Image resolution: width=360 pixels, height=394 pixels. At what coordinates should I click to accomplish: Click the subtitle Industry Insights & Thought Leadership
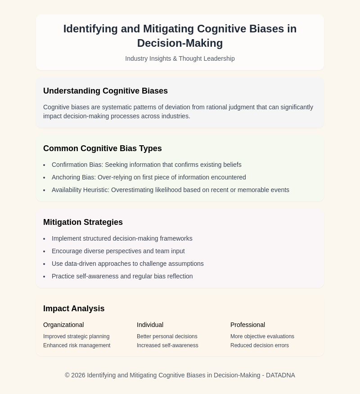pos(180,58)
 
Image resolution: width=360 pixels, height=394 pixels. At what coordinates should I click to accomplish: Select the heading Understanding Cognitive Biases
pos(105,91)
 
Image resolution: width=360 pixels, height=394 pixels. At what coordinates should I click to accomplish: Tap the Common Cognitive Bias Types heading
pos(102,148)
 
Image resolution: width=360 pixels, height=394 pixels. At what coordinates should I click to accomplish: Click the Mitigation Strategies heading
pos(83,222)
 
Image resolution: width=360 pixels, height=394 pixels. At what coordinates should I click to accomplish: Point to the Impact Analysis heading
pos(74,309)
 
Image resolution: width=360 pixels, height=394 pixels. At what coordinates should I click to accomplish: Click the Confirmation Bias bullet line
pos(146,165)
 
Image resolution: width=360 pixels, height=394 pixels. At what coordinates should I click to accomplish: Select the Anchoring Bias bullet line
pos(148,177)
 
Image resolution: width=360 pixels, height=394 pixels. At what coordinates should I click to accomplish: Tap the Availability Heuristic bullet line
pos(170,190)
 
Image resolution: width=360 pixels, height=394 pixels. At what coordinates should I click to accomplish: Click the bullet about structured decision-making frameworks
pos(122,238)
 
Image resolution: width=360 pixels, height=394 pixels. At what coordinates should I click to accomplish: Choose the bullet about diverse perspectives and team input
pos(118,251)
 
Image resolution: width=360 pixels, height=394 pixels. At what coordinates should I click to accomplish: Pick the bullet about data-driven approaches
pos(127,264)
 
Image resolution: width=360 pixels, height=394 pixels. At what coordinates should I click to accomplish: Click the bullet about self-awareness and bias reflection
pos(122,276)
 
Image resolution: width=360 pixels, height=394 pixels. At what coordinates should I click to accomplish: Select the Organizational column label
pos(63,325)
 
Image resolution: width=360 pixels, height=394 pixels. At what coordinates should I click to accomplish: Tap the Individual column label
pos(150,325)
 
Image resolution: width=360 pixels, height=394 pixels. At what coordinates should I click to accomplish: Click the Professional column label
pos(247,325)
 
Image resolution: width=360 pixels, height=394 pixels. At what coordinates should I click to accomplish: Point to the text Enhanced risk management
pos(76,345)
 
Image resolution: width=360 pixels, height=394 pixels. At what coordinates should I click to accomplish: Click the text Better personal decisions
pos(167,336)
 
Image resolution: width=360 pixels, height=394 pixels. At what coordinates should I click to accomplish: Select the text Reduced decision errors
pos(260,345)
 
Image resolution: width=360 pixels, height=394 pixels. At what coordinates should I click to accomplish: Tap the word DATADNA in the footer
pos(280,375)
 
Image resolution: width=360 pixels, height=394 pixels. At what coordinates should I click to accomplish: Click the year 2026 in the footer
pos(78,375)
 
